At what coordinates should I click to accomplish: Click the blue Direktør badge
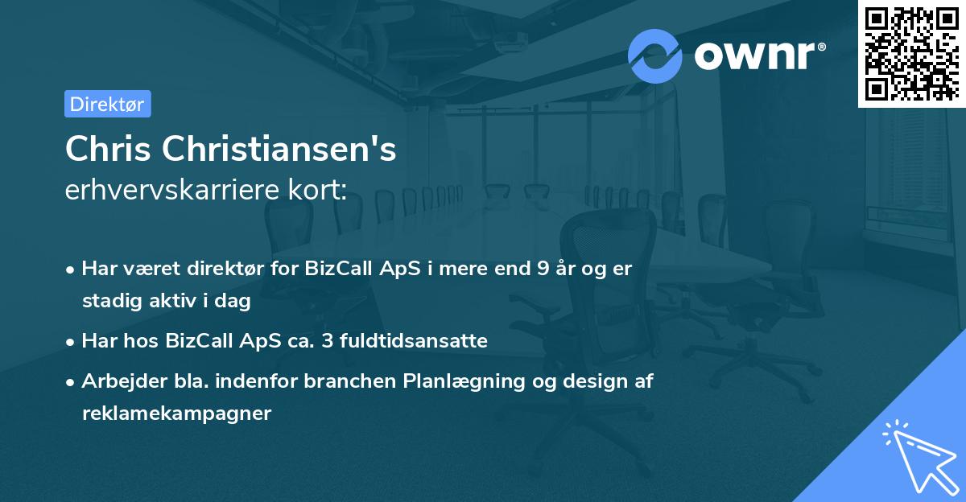coord(108,104)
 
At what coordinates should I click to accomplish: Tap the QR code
coord(912,54)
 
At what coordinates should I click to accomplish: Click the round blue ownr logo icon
coord(655,56)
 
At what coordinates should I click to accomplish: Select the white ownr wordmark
coord(755,56)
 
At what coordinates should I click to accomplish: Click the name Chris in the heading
coord(108,149)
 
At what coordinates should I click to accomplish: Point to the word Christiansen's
coord(279,149)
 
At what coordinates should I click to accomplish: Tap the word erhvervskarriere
coord(172,190)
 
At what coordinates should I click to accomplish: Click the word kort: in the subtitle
coord(317,190)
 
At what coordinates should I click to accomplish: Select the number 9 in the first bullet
coord(543,269)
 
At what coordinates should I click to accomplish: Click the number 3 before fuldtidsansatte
coord(328,341)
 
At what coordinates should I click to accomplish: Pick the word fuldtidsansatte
coord(414,340)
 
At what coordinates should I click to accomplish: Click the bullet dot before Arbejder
coord(70,382)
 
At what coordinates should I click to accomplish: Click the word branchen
coord(349,381)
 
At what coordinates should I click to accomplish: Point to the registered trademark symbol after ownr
coord(822,47)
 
